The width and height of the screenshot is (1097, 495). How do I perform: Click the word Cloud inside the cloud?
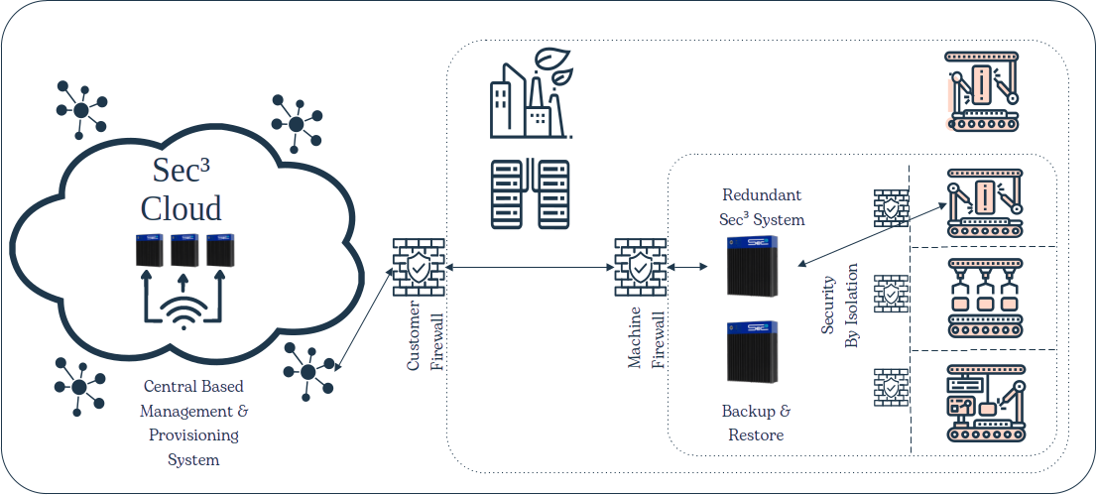click(181, 208)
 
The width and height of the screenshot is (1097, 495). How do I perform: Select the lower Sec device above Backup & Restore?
click(754, 352)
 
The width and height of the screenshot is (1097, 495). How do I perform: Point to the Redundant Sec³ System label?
click(762, 206)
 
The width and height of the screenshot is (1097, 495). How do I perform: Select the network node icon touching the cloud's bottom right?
click(308, 370)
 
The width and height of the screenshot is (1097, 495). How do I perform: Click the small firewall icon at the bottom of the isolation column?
click(891, 388)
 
